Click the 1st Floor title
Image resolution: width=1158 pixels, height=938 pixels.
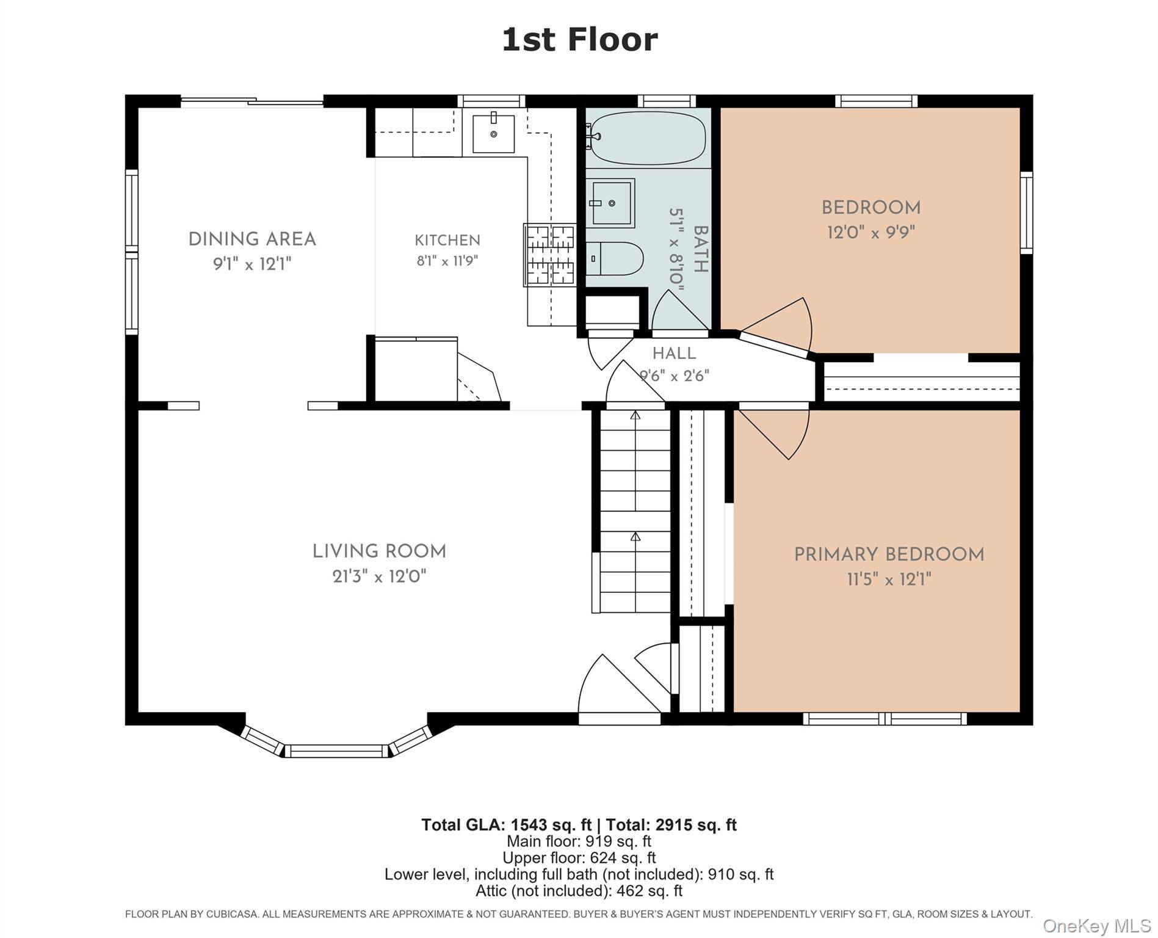click(x=579, y=40)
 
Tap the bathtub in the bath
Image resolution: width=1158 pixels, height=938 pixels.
click(x=648, y=138)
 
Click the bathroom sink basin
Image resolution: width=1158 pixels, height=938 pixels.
click(x=610, y=203)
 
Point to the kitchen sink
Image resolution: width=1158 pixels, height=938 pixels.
click(x=493, y=134)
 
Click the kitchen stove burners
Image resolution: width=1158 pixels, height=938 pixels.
click(x=549, y=255)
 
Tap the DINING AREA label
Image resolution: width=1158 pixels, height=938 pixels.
click(x=252, y=239)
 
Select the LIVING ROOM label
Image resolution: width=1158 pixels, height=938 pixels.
click(x=379, y=551)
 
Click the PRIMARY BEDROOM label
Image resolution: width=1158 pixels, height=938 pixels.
click(x=889, y=554)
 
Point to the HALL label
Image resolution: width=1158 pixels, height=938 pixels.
click(x=674, y=354)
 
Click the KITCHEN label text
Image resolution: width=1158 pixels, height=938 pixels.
click(x=447, y=240)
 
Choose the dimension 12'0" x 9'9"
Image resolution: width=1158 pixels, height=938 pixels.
click(x=871, y=233)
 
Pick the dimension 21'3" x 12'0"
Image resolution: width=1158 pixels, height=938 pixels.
click(x=379, y=576)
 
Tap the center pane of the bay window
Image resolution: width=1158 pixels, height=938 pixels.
click(x=336, y=751)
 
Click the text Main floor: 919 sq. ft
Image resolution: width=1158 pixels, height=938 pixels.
click(x=579, y=842)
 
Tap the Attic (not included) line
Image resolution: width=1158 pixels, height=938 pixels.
click(x=579, y=891)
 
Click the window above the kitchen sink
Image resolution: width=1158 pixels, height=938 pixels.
click(x=491, y=101)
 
